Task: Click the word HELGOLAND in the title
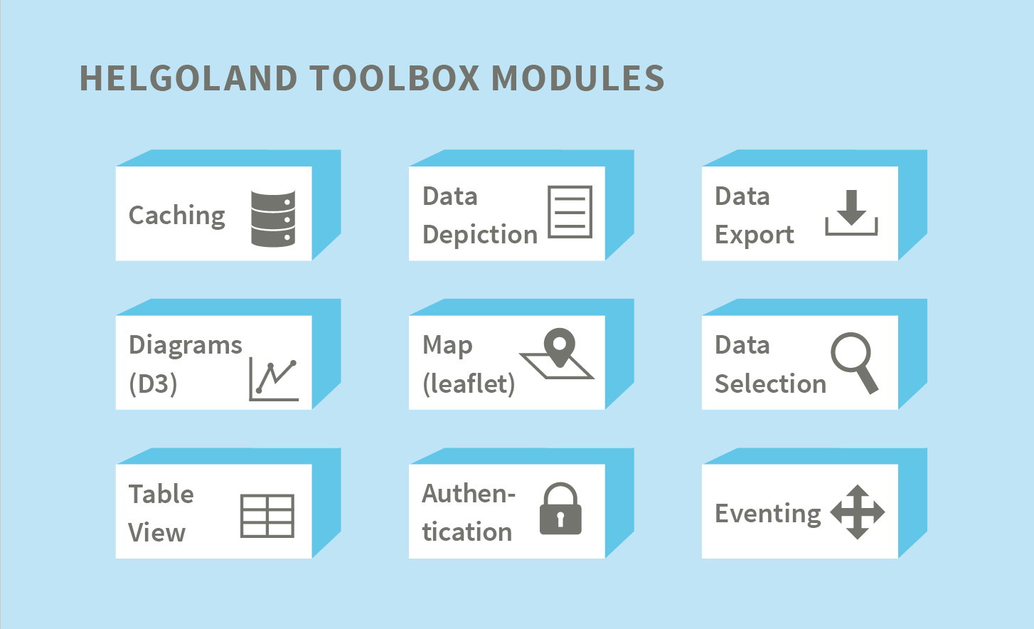pyautogui.click(x=188, y=78)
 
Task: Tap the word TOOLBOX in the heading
pyautogui.click(x=395, y=78)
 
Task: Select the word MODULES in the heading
pyautogui.click(x=578, y=78)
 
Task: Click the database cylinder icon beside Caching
pyautogui.click(x=273, y=218)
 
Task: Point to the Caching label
pyautogui.click(x=177, y=216)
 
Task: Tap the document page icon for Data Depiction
pyautogui.click(x=570, y=212)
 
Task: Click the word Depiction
pyautogui.click(x=480, y=235)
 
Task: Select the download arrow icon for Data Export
pyautogui.click(x=852, y=213)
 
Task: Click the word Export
pyautogui.click(x=755, y=235)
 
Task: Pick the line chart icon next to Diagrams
pyautogui.click(x=274, y=379)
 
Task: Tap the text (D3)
pyautogui.click(x=153, y=384)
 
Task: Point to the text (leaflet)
pyautogui.click(x=469, y=384)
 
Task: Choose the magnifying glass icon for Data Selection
pyautogui.click(x=854, y=363)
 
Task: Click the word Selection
pyautogui.click(x=770, y=384)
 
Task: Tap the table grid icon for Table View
pyautogui.click(x=267, y=516)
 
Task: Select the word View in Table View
pyautogui.click(x=157, y=533)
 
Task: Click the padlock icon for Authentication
pyautogui.click(x=560, y=509)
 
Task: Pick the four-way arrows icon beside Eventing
pyautogui.click(x=857, y=512)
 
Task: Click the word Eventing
pyautogui.click(x=768, y=514)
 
